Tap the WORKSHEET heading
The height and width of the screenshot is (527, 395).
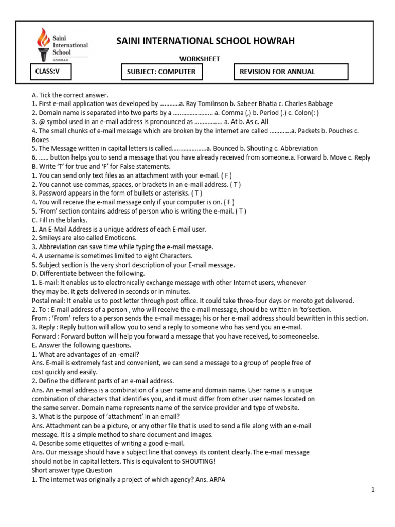pos(200,59)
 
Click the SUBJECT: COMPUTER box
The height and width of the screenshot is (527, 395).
pos(161,72)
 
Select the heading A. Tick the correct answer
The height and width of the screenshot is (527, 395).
pos(70,95)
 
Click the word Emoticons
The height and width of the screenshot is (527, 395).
pos(119,238)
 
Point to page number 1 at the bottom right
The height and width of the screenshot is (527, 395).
pos(373,490)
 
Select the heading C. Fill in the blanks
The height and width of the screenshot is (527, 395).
pos(63,220)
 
